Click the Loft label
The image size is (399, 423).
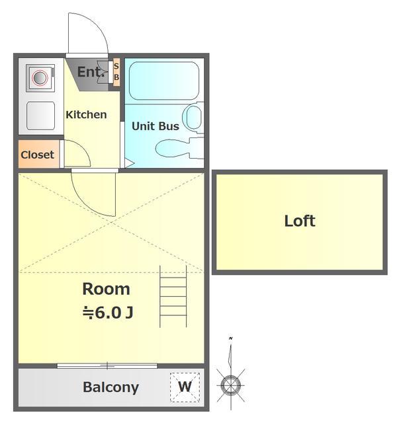[x=300, y=221]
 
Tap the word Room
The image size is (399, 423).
[x=106, y=289]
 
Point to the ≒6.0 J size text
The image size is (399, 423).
[x=108, y=313]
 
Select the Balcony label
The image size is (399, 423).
[x=111, y=388]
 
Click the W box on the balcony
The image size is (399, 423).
[x=185, y=387]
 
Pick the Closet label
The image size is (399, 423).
[x=37, y=155]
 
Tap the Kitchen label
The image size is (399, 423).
[x=86, y=114]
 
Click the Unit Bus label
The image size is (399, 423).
[x=155, y=126]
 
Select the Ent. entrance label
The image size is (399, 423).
[x=91, y=72]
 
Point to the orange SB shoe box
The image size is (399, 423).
[x=116, y=72]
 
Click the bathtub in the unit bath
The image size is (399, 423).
[x=164, y=81]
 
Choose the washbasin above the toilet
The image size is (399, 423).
[x=193, y=118]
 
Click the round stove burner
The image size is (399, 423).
[x=40, y=77]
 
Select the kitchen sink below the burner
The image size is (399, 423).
[x=41, y=116]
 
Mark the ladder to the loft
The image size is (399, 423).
[x=173, y=297]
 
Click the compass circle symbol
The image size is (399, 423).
[x=231, y=385]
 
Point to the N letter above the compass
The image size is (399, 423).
[x=230, y=338]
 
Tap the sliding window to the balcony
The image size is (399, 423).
[x=107, y=366]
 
